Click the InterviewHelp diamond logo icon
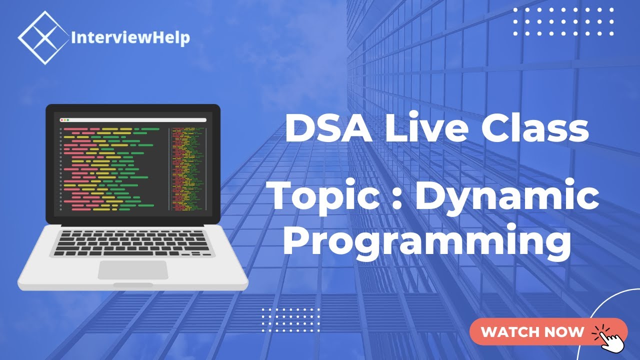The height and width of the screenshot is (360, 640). coord(43,38)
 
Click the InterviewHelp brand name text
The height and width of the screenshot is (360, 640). coord(130,37)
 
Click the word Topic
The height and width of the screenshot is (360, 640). coord(324,197)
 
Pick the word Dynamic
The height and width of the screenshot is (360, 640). coord(506,197)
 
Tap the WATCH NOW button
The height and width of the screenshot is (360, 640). coord(548,331)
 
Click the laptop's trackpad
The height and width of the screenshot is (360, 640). coord(132,270)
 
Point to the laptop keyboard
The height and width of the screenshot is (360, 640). coord(132,242)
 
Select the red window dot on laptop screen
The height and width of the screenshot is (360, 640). coord(61,120)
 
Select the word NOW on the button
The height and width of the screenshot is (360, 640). coord(563,331)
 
